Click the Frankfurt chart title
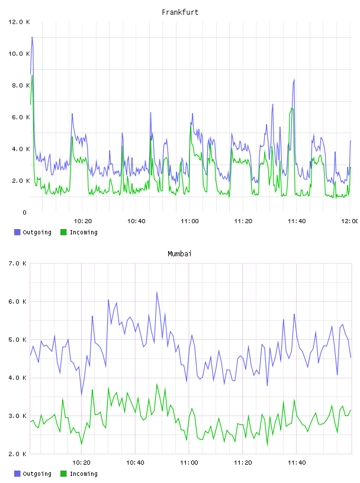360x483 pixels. (180, 12)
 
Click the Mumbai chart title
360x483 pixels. (179, 254)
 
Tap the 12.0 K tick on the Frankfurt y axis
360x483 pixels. (19, 22)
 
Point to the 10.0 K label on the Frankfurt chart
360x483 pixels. (19, 54)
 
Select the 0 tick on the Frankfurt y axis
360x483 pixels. (25, 212)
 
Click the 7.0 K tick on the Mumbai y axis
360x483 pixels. (18, 263)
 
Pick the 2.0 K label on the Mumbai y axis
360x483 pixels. (18, 454)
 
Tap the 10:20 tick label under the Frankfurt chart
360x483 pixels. (83, 221)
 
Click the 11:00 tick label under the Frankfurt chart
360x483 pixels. (189, 221)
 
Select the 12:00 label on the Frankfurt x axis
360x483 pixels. (350, 221)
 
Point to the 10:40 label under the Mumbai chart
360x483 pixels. (135, 463)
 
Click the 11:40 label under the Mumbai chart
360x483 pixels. (297, 463)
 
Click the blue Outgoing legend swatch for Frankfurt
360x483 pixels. (17, 232)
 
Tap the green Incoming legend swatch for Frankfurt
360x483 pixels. (63, 232)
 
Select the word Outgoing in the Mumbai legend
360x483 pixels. (37, 474)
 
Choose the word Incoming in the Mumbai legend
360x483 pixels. (83, 474)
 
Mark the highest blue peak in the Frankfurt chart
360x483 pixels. (32, 37)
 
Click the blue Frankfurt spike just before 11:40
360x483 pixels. (294, 79)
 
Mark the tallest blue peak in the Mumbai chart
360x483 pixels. (157, 291)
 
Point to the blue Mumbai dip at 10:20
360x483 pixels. (81, 395)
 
